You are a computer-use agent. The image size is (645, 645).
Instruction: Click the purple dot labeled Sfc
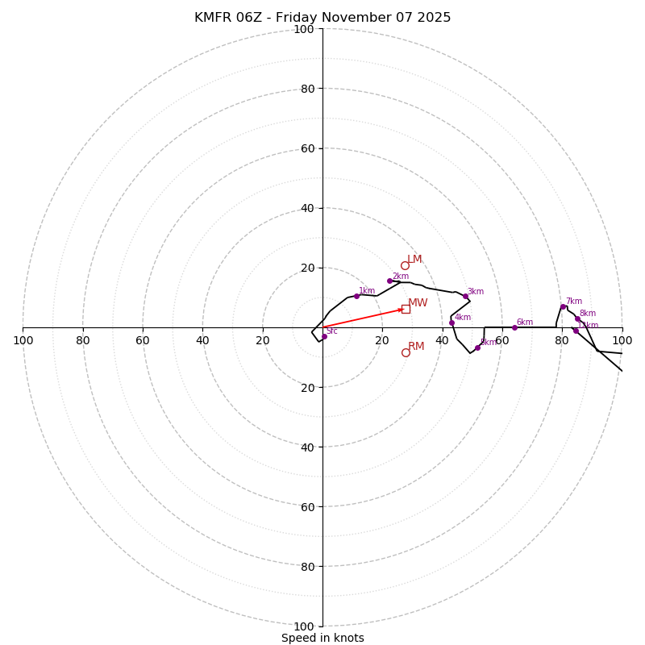(x=324, y=336)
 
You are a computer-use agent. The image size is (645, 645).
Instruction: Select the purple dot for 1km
(x=356, y=296)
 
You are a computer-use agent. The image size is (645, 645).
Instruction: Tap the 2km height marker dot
(x=389, y=281)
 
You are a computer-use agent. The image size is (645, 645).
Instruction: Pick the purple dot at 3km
(x=465, y=297)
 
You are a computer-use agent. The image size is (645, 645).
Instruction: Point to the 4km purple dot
(x=451, y=322)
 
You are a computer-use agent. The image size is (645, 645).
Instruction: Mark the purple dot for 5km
(x=477, y=347)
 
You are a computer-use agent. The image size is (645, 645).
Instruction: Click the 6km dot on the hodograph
(x=514, y=327)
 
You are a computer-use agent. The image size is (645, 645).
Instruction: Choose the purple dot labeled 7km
(x=563, y=306)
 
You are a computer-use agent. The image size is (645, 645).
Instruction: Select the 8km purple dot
(x=577, y=318)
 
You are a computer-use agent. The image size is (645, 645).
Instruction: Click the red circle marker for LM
(x=405, y=265)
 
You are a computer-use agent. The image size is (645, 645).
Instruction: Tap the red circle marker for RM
(x=406, y=352)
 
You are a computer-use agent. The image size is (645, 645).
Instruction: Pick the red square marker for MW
(x=406, y=309)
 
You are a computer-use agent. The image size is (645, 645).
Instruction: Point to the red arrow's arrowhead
(x=402, y=310)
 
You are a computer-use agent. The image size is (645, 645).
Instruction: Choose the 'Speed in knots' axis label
(x=322, y=638)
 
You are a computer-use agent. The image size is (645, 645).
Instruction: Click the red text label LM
(x=414, y=260)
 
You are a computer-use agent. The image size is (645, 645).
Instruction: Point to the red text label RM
(x=416, y=347)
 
